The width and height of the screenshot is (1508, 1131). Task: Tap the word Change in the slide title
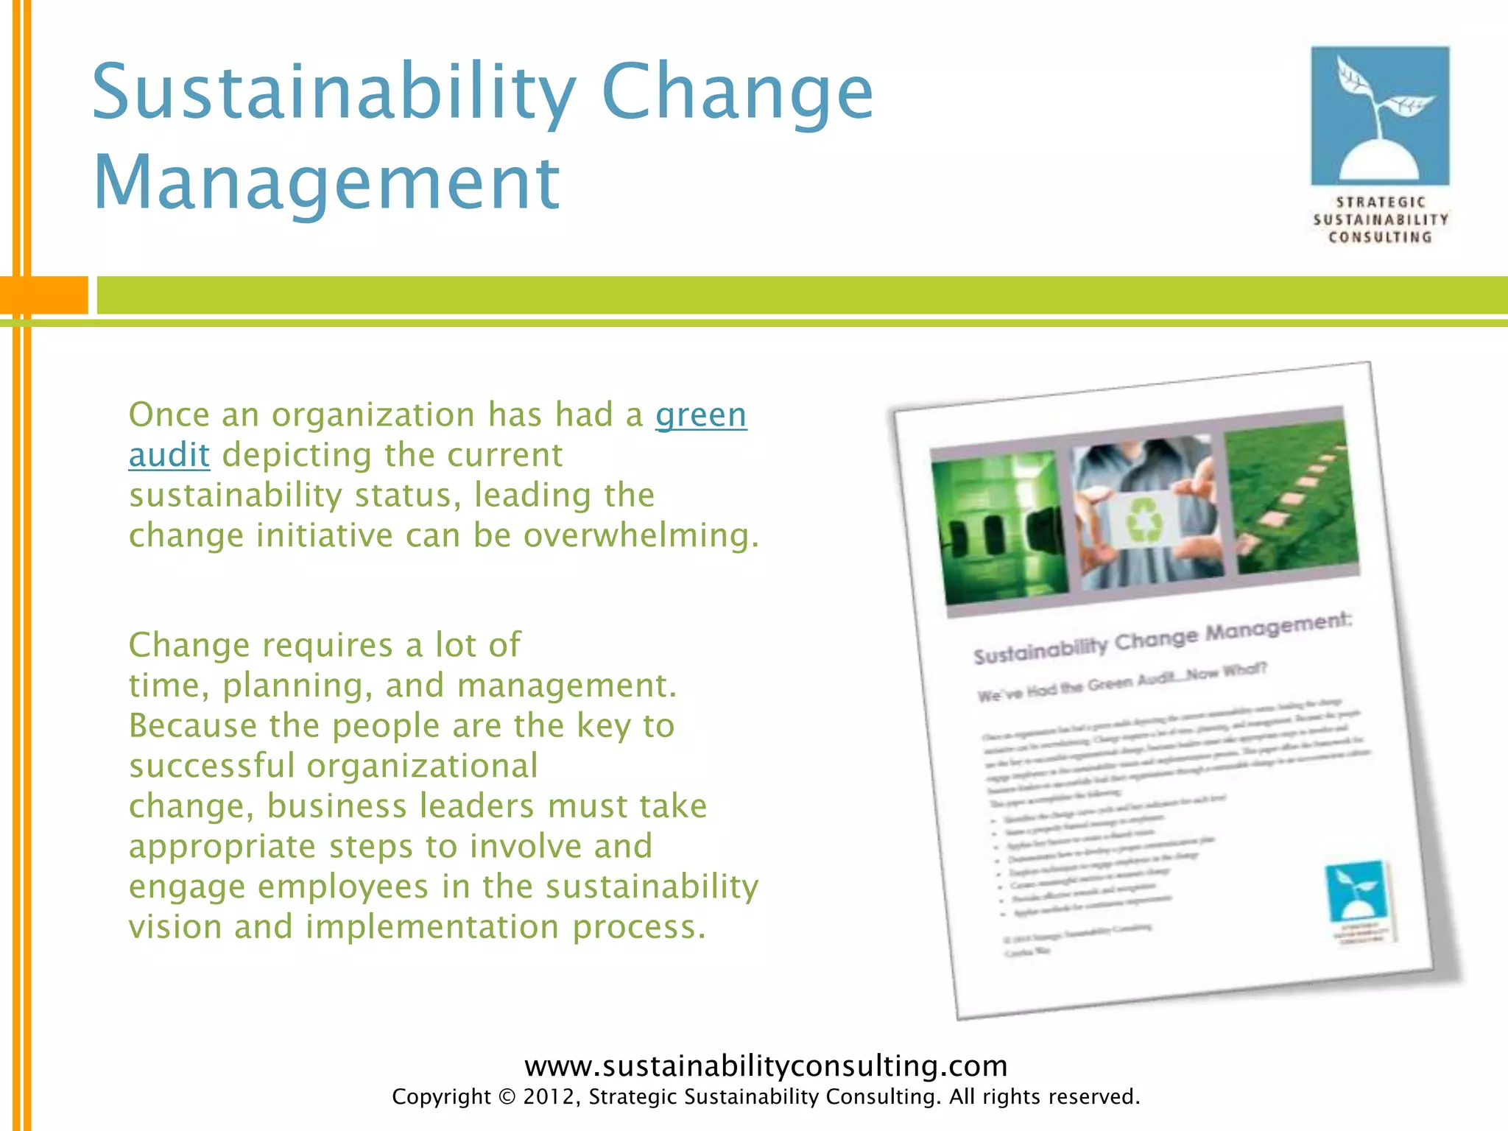[x=737, y=92]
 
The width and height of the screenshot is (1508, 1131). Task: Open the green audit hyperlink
[x=700, y=415]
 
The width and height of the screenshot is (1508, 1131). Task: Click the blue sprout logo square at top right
[x=1380, y=116]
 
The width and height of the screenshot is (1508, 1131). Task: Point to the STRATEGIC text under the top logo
[x=1381, y=202]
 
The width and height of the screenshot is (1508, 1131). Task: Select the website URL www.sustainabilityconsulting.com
[x=766, y=1065]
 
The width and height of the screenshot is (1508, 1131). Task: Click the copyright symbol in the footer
[x=507, y=1097]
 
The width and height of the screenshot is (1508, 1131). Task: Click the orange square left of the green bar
[x=44, y=295]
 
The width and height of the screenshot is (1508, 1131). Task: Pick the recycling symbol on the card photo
[x=1145, y=518]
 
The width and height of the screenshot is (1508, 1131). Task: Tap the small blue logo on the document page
[x=1356, y=891]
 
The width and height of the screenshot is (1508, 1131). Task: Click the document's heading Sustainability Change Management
[x=1163, y=639]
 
